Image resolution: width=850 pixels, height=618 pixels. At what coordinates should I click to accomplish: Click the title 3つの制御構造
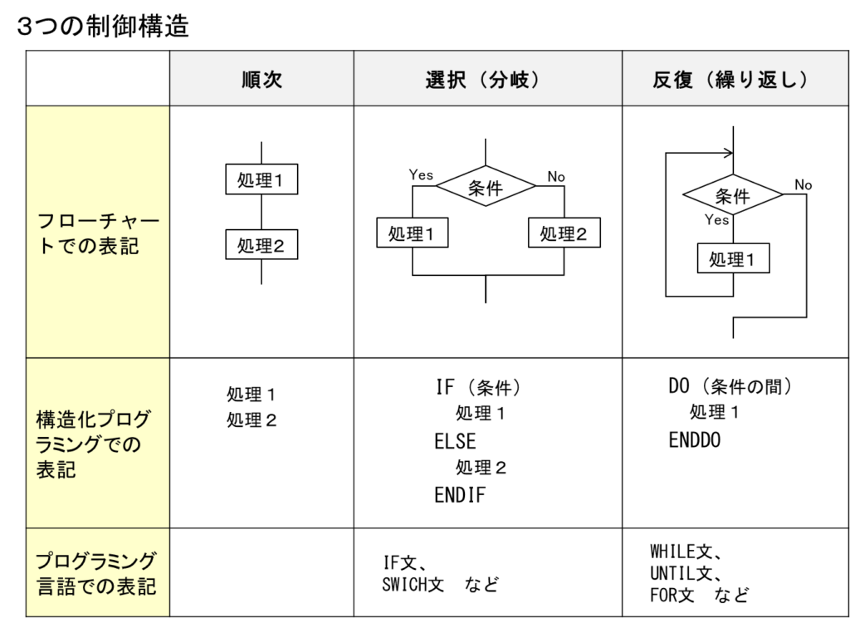click(103, 26)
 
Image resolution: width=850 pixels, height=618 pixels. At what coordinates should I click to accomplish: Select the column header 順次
click(261, 79)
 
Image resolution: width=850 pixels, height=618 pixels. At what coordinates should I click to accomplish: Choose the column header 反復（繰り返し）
click(730, 79)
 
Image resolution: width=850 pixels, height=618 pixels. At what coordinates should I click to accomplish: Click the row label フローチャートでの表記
click(98, 233)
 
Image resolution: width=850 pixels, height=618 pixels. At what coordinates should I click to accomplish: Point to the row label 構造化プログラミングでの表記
click(93, 444)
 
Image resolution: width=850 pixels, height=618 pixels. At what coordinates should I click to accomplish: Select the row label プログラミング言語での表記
click(96, 573)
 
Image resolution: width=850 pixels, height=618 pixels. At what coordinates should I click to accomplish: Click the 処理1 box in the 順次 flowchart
click(261, 179)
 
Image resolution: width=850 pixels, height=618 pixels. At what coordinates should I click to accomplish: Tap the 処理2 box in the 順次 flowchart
click(261, 245)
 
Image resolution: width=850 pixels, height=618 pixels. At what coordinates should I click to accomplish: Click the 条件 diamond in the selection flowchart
click(486, 186)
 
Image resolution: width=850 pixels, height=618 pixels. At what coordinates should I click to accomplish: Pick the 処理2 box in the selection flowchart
click(564, 233)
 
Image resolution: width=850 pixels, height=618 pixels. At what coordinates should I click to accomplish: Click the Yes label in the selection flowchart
click(421, 174)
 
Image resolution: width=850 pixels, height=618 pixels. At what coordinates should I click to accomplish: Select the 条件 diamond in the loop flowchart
click(733, 194)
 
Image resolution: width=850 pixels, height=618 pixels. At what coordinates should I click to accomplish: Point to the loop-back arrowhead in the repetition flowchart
click(729, 153)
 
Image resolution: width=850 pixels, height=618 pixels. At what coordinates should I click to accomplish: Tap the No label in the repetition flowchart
click(803, 185)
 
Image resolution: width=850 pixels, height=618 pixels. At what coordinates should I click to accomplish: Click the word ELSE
click(455, 441)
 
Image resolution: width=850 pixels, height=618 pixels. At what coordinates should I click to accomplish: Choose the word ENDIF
click(460, 495)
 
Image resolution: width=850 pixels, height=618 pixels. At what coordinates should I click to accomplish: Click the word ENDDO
click(695, 440)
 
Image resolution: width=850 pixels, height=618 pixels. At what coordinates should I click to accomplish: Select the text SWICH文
click(413, 585)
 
